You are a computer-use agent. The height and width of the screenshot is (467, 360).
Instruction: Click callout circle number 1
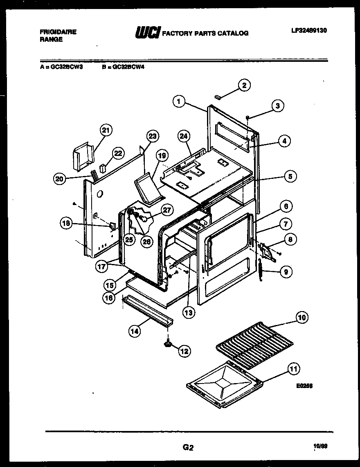pos(178,101)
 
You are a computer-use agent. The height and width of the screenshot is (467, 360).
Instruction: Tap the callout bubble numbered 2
pos(244,86)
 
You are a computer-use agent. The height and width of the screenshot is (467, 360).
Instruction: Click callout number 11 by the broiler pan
pos(293,368)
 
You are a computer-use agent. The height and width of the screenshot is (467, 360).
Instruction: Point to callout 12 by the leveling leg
pos(184,351)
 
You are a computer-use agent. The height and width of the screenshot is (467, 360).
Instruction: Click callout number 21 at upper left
pos(106,131)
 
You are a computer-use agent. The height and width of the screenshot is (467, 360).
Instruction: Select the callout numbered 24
pos(184,136)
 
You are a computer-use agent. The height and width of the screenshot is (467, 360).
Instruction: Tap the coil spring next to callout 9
pos(260,270)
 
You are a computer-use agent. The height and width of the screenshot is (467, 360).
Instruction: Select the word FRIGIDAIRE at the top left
pos(58,32)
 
